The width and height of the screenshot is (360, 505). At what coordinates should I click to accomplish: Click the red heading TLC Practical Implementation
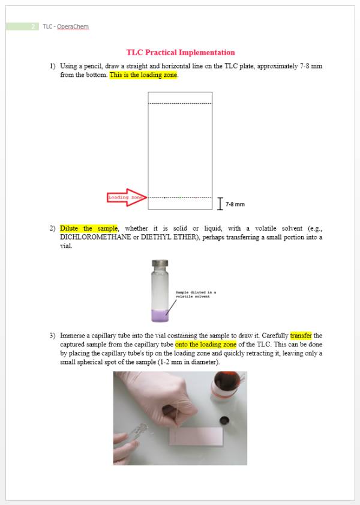point(180,53)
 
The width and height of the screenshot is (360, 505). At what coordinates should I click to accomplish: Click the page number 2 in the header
point(32,26)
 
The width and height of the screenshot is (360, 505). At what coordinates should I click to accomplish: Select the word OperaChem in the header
point(73,26)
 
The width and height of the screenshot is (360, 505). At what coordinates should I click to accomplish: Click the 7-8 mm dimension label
point(235,204)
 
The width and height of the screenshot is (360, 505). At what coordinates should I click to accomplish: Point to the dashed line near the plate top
point(180,103)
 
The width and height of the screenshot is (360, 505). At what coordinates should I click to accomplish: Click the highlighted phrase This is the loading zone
point(143,75)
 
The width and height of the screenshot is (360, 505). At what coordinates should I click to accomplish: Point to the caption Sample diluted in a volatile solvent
point(195,294)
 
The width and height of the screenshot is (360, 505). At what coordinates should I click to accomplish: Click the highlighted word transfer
point(301,336)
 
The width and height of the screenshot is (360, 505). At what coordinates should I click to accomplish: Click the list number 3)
point(53,336)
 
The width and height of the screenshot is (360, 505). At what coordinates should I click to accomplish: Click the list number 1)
point(53,66)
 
